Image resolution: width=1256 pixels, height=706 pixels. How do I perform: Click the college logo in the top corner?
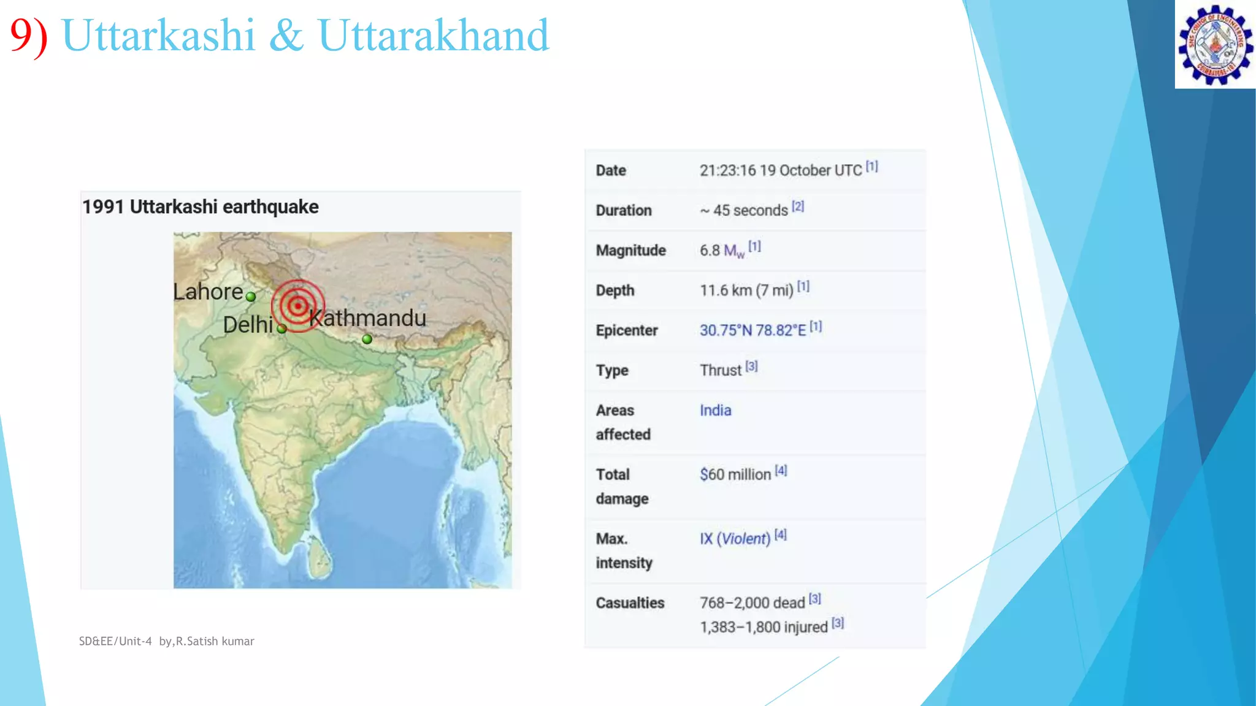[x=1215, y=45]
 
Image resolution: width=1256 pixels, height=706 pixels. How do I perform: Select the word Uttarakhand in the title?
[x=433, y=35]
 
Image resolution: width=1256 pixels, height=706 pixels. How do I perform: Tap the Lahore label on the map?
[x=208, y=292]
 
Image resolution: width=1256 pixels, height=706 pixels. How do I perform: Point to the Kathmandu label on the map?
[x=367, y=318]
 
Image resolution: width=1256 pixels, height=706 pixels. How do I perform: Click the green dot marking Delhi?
[x=281, y=329]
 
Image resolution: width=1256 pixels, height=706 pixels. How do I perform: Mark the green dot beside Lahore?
[x=251, y=297]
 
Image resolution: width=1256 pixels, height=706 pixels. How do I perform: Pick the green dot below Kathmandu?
[x=367, y=339]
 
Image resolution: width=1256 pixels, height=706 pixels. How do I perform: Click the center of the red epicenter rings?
[x=298, y=305]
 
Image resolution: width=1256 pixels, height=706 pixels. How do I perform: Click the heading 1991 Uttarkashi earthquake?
[x=201, y=207]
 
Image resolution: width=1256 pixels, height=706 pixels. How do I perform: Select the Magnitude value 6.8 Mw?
[x=722, y=251]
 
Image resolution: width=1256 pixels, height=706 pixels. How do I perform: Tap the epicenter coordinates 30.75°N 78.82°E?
[x=752, y=330]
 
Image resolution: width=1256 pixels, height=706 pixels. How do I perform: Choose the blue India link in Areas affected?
[x=715, y=410]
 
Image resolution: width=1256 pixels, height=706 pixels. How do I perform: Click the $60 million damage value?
[x=735, y=474]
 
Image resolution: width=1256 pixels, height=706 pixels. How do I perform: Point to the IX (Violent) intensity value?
[x=735, y=539]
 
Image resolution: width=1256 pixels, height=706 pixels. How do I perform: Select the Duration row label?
[x=624, y=210]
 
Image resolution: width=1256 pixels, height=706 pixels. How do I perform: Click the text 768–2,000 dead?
[x=752, y=603]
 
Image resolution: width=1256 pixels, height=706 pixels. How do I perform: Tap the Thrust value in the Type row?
[x=721, y=370]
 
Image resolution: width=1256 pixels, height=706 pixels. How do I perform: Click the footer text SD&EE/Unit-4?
[x=115, y=641]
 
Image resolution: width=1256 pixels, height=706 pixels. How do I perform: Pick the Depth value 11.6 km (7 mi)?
[x=746, y=290]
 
